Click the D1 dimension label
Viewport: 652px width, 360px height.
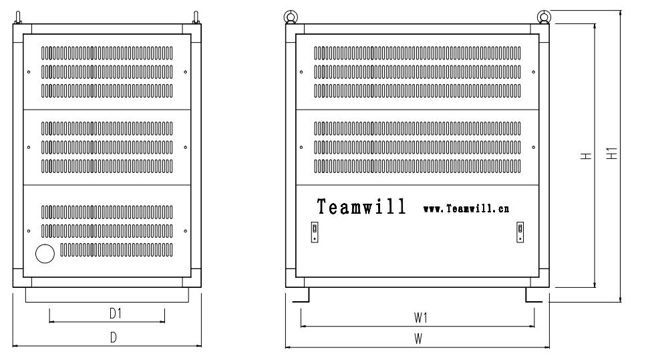[115, 313]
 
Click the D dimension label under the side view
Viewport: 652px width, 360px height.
[113, 337]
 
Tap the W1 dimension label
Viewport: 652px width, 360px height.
[420, 318]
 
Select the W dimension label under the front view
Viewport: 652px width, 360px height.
[418, 339]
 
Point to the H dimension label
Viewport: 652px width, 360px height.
[587, 156]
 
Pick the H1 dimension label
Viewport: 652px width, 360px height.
[612, 154]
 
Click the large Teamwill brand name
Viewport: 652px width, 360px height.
[361, 206]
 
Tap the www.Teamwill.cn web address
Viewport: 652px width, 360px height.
[466, 208]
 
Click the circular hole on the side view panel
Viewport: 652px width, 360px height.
[45, 254]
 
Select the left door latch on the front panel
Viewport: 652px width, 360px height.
[315, 232]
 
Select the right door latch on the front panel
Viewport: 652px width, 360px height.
[520, 232]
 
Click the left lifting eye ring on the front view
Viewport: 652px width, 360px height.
[291, 17]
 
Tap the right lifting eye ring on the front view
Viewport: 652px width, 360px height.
[544, 17]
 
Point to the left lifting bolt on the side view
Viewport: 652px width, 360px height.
[17, 17]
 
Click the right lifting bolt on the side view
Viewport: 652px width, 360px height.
[196, 17]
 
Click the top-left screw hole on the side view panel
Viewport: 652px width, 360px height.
[29, 72]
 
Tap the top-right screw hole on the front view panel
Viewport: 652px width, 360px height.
[534, 72]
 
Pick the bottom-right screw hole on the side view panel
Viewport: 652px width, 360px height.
[186, 231]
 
